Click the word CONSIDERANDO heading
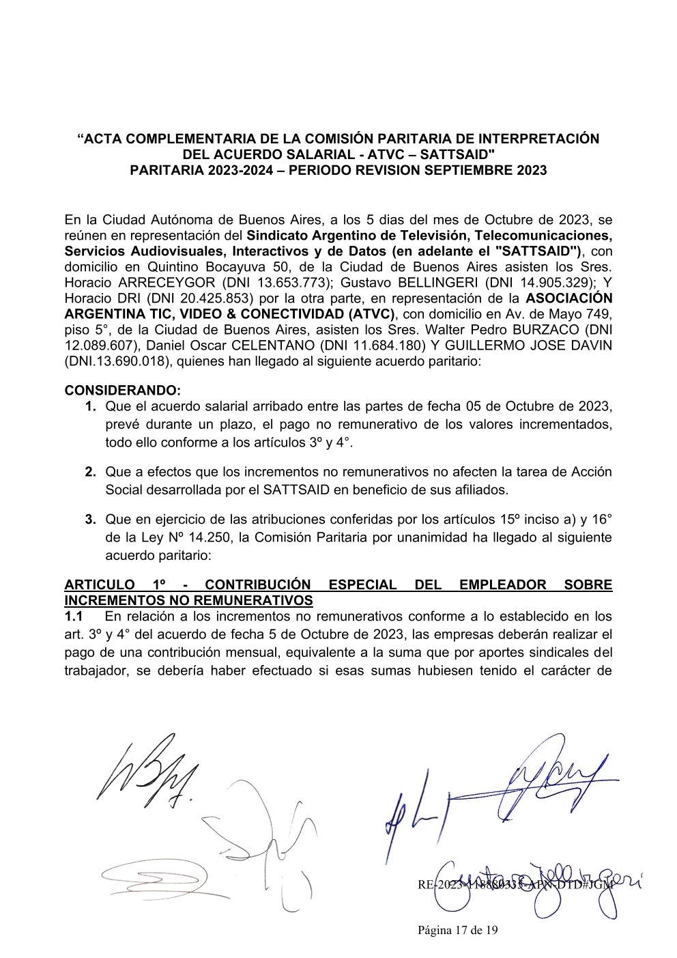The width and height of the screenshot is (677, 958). point(123,391)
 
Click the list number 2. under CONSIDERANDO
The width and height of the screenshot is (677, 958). point(90,472)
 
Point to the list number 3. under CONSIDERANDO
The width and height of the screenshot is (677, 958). point(90,519)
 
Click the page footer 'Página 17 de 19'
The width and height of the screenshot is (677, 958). point(458,929)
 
